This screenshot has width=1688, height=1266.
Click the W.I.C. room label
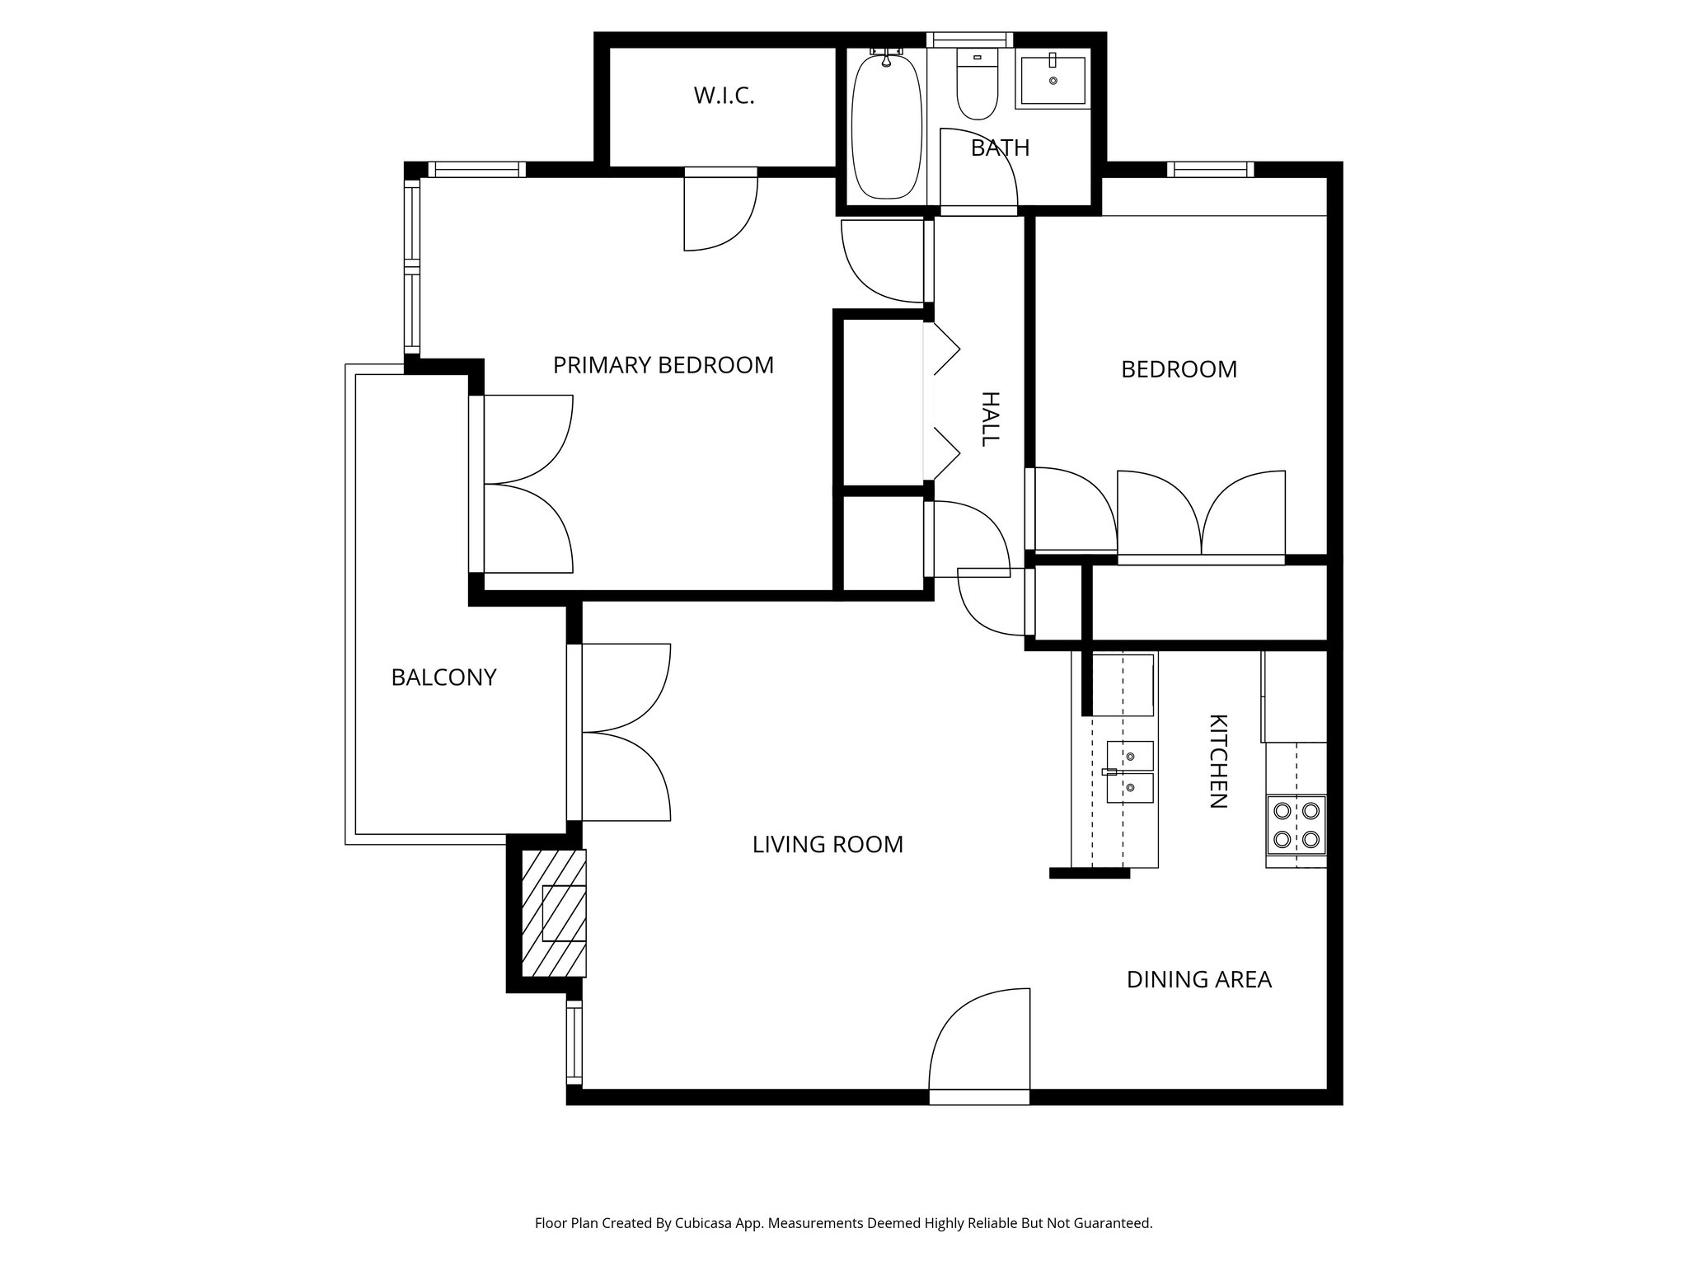click(724, 96)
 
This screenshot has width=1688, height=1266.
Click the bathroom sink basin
click(1053, 80)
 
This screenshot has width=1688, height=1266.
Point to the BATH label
click(1000, 148)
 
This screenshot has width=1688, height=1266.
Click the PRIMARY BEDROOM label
click(663, 365)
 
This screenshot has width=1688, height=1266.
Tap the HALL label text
click(990, 419)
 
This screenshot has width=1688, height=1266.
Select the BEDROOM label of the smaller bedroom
click(1179, 369)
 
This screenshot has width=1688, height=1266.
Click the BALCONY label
click(443, 678)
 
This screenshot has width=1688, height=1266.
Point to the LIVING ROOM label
click(828, 845)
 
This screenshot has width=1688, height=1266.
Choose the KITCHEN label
click(1218, 761)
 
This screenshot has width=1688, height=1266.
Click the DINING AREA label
click(1199, 980)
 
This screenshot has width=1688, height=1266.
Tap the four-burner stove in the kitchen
click(1296, 826)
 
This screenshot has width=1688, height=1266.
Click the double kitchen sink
click(1130, 771)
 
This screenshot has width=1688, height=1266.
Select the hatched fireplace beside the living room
click(555, 913)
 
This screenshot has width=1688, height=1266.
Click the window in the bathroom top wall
click(969, 40)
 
